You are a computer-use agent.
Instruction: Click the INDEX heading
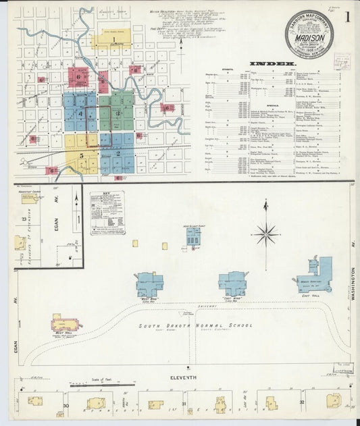272,64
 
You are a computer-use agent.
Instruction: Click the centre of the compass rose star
266,235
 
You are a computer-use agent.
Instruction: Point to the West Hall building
66,324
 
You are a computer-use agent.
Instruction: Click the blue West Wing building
149,282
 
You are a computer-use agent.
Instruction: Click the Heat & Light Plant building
194,236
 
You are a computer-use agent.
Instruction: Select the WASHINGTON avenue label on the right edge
353,284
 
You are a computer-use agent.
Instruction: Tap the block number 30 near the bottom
66,406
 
